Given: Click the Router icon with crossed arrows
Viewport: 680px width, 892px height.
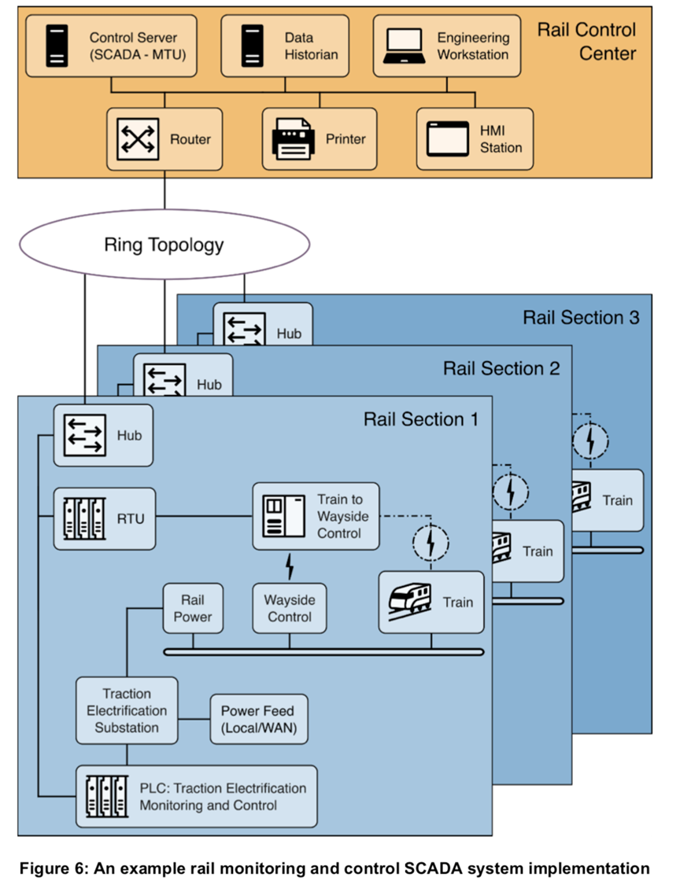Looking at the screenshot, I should (x=139, y=138).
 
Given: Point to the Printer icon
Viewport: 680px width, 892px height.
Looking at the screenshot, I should (x=293, y=139).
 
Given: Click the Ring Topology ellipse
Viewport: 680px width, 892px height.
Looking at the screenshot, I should (x=164, y=245).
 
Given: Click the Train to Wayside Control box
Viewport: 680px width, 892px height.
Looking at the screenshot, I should (x=316, y=518).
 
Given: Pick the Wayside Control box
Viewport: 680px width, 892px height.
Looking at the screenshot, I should (x=289, y=608).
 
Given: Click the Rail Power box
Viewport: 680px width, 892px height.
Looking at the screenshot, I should (x=192, y=608).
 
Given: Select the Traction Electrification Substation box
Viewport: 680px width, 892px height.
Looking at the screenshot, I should (x=126, y=710).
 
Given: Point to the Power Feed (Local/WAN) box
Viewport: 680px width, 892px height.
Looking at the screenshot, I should (x=257, y=719).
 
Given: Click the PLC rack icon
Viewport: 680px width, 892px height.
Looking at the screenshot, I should (x=105, y=795).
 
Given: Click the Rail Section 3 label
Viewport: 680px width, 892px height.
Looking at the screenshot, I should (x=581, y=318).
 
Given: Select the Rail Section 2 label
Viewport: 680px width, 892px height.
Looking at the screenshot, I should (x=501, y=368).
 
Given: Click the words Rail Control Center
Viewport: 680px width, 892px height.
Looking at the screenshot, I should (x=586, y=42).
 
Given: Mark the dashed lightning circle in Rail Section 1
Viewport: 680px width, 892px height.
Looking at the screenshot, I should (x=431, y=542).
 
